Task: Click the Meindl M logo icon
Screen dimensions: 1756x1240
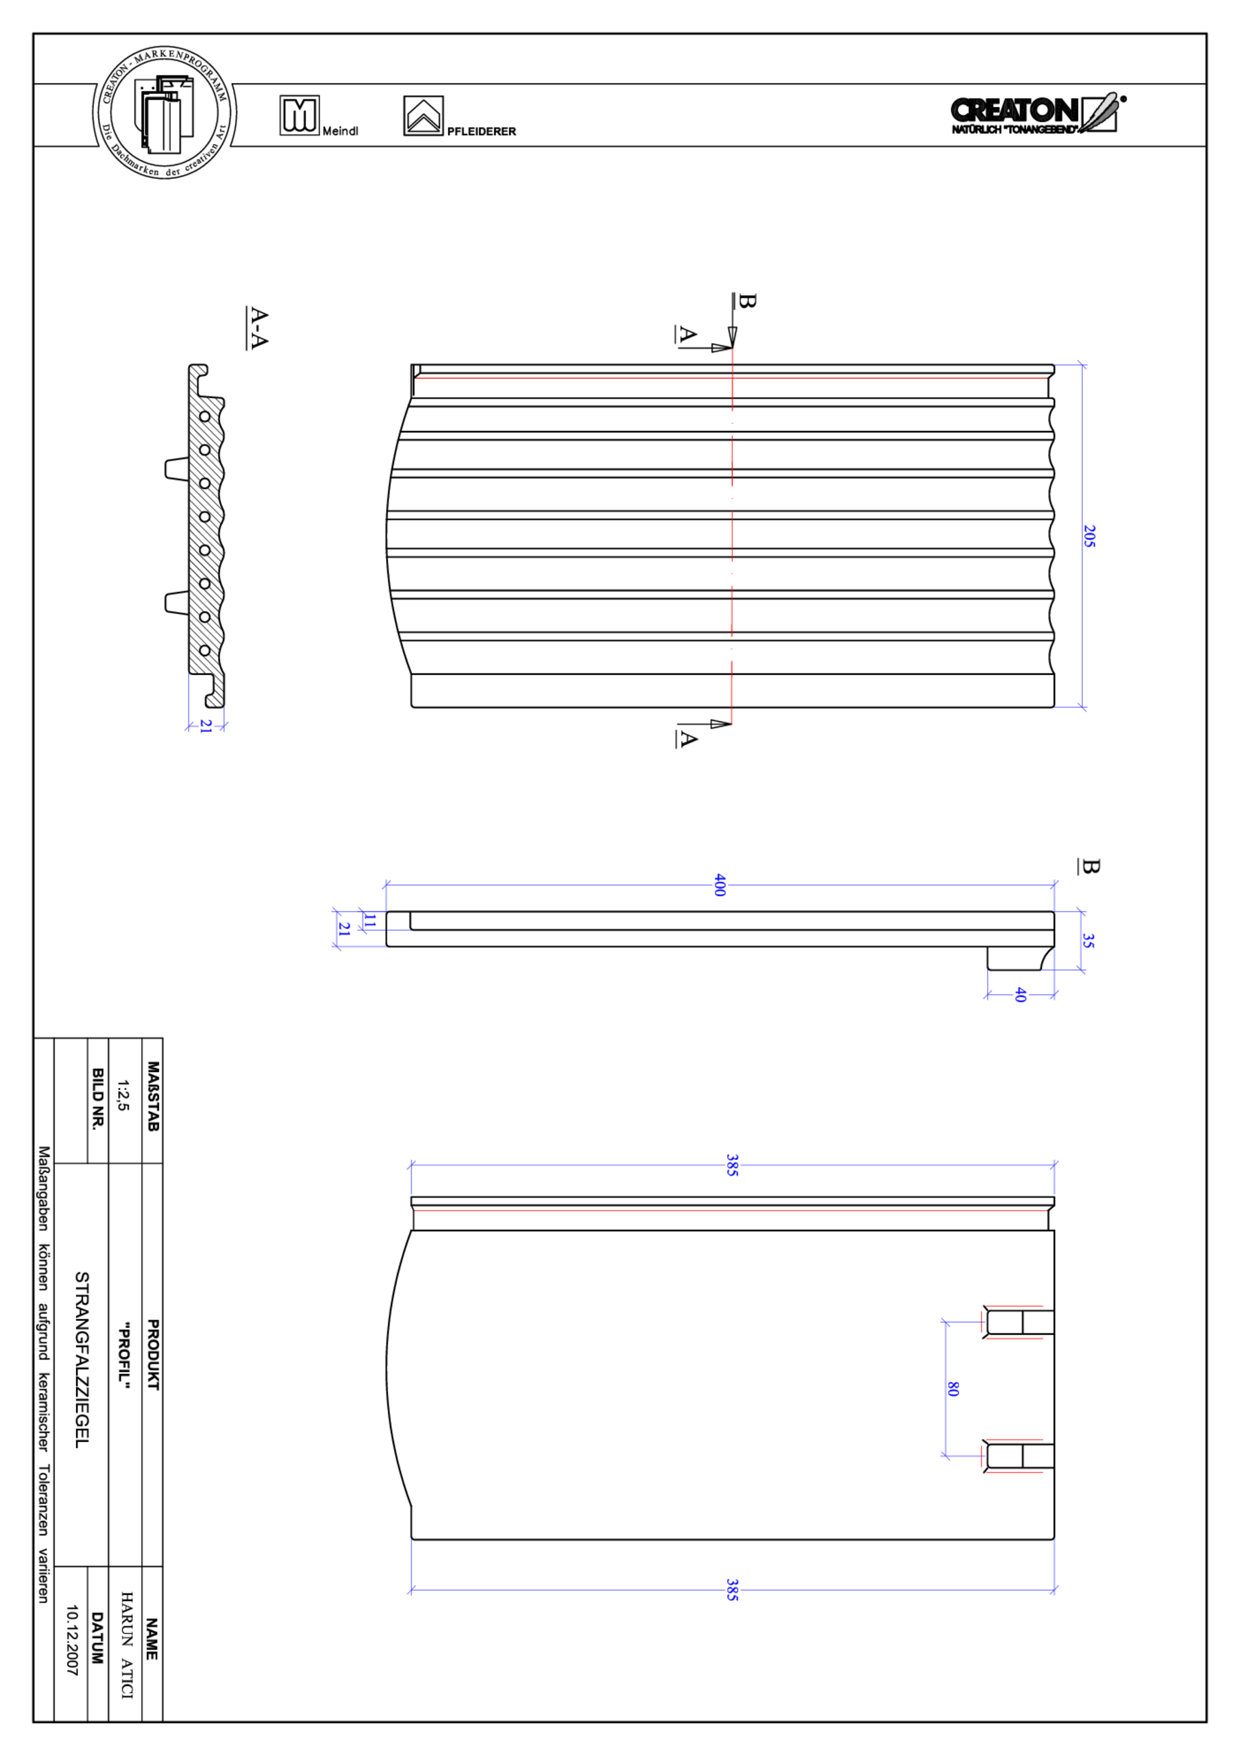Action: tap(299, 115)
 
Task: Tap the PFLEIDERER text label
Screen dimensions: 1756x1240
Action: tap(481, 132)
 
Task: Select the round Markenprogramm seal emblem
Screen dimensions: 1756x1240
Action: tap(165, 112)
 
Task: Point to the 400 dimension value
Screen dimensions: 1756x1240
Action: tap(718, 885)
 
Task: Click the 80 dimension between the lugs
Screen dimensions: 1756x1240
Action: tap(953, 1388)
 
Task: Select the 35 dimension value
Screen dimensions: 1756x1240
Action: tap(1088, 940)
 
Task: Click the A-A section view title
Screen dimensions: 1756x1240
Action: tap(258, 328)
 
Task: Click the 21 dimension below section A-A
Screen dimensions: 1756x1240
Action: tap(206, 726)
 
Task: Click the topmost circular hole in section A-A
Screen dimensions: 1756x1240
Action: tap(205, 417)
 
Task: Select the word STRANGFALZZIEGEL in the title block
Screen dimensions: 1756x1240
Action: tap(82, 1359)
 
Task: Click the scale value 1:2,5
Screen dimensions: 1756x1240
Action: tap(123, 1095)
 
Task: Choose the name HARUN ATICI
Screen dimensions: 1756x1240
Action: tap(126, 1644)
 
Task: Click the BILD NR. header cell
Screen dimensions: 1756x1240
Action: tap(98, 1098)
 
